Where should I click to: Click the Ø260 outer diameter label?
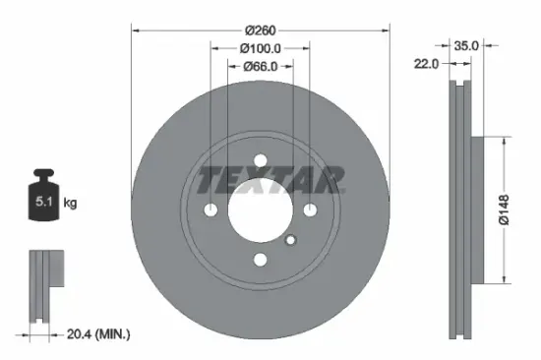[260, 30]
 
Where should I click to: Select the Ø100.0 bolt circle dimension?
[260, 48]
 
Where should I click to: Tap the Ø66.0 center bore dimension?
[260, 67]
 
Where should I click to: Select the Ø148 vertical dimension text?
[504, 208]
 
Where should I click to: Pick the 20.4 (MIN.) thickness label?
[95, 335]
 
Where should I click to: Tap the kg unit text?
[70, 204]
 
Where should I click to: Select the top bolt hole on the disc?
[260, 163]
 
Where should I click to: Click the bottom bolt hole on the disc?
[260, 260]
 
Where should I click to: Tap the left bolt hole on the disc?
[211, 210]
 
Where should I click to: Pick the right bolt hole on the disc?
[308, 210]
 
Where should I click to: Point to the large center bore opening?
[260, 212]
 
